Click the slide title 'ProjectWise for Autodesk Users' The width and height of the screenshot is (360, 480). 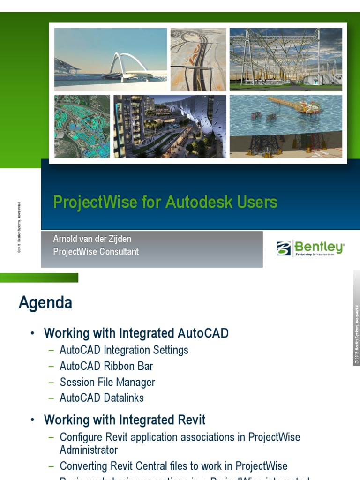(165, 202)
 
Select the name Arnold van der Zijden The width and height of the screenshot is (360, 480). (92, 239)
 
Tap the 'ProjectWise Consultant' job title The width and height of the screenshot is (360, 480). (96, 252)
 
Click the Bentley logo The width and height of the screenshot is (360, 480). (310, 248)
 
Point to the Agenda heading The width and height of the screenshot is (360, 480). (45, 303)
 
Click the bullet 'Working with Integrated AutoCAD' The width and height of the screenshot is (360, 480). (136, 333)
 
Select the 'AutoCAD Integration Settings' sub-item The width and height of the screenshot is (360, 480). (124, 350)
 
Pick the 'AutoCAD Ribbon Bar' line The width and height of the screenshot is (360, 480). (106, 366)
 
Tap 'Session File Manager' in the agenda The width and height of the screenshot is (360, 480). (107, 382)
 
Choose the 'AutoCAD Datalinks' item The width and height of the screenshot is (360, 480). (102, 398)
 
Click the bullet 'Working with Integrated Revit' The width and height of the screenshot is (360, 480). (125, 420)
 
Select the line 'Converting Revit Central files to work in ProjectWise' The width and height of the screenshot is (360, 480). (173, 466)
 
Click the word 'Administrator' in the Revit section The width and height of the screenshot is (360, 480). (89, 450)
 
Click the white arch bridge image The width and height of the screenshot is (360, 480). (111, 59)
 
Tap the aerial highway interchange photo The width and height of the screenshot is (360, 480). (198, 59)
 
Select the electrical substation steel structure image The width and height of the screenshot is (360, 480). (286, 59)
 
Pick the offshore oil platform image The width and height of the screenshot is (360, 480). (286, 127)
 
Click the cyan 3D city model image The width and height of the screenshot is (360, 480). (82, 127)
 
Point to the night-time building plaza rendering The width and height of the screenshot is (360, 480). (170, 127)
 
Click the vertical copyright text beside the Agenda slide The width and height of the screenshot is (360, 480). (356, 334)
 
